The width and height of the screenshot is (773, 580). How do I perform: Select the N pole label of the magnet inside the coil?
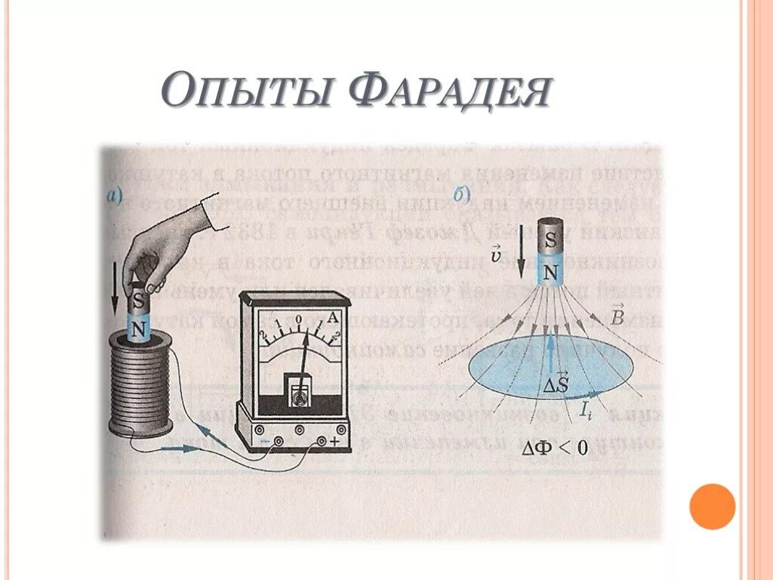(137, 329)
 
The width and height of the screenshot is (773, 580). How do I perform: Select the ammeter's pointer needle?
(306, 358)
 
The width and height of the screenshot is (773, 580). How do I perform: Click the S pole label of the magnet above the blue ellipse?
(551, 241)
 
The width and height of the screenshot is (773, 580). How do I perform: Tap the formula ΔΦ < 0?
(554, 447)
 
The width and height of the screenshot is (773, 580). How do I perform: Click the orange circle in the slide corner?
(712, 506)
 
